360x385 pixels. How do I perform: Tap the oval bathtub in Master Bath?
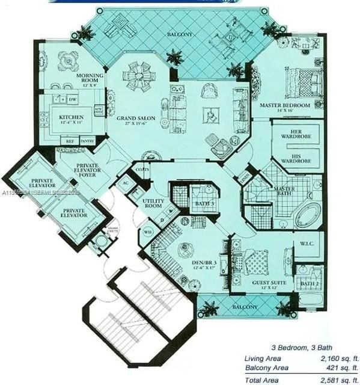pyautogui.click(x=308, y=215)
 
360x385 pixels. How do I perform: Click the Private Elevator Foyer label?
pyautogui.click(x=92, y=171)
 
